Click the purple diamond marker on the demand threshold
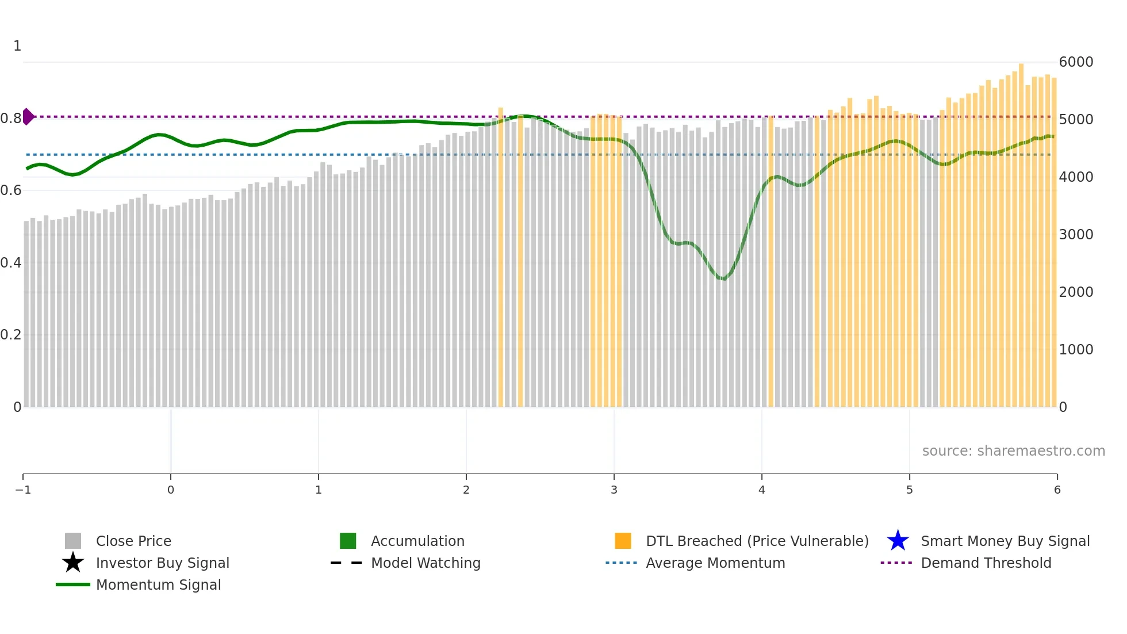(x=28, y=117)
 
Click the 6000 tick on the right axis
(x=1076, y=62)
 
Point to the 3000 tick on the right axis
(x=1076, y=235)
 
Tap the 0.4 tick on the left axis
(x=11, y=263)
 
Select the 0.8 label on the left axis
(x=11, y=119)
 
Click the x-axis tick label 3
(x=614, y=490)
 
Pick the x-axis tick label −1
(x=23, y=490)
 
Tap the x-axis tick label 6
(x=1057, y=490)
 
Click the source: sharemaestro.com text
(x=1013, y=451)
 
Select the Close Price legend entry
(x=133, y=541)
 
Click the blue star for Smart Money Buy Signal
(x=898, y=541)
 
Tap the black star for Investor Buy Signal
(x=73, y=563)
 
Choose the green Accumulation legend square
(x=348, y=541)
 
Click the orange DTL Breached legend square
(x=623, y=541)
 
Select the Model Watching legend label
(x=425, y=563)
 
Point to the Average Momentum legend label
(x=715, y=563)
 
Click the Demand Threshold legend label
(x=986, y=563)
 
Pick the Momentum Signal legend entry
(x=158, y=585)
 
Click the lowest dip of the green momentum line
(x=723, y=279)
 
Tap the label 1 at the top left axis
(x=17, y=46)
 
